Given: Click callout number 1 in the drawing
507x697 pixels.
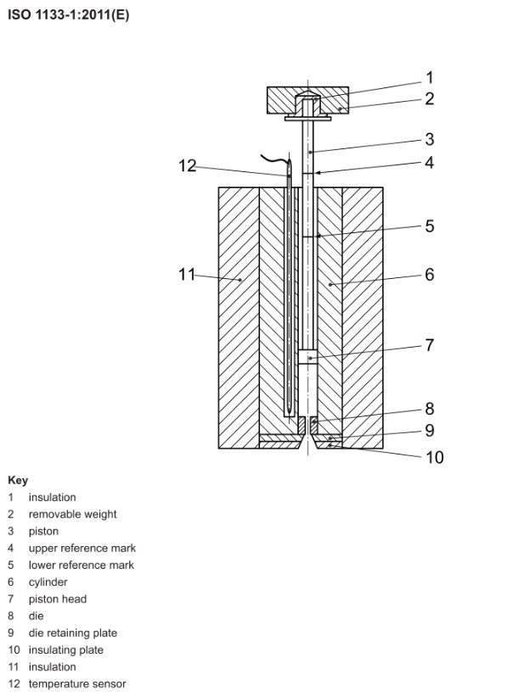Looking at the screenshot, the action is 429,78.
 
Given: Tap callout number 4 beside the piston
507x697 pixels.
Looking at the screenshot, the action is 429,163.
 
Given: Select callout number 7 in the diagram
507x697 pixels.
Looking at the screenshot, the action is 429,345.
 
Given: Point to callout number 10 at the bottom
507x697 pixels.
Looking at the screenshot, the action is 435,457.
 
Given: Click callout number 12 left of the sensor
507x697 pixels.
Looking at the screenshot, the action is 188,166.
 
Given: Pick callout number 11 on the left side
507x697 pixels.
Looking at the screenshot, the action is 187,274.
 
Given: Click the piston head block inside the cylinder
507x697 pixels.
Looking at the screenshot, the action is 308,357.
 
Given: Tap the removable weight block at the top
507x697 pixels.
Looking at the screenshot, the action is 308,100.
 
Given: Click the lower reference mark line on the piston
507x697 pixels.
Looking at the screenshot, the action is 308,237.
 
